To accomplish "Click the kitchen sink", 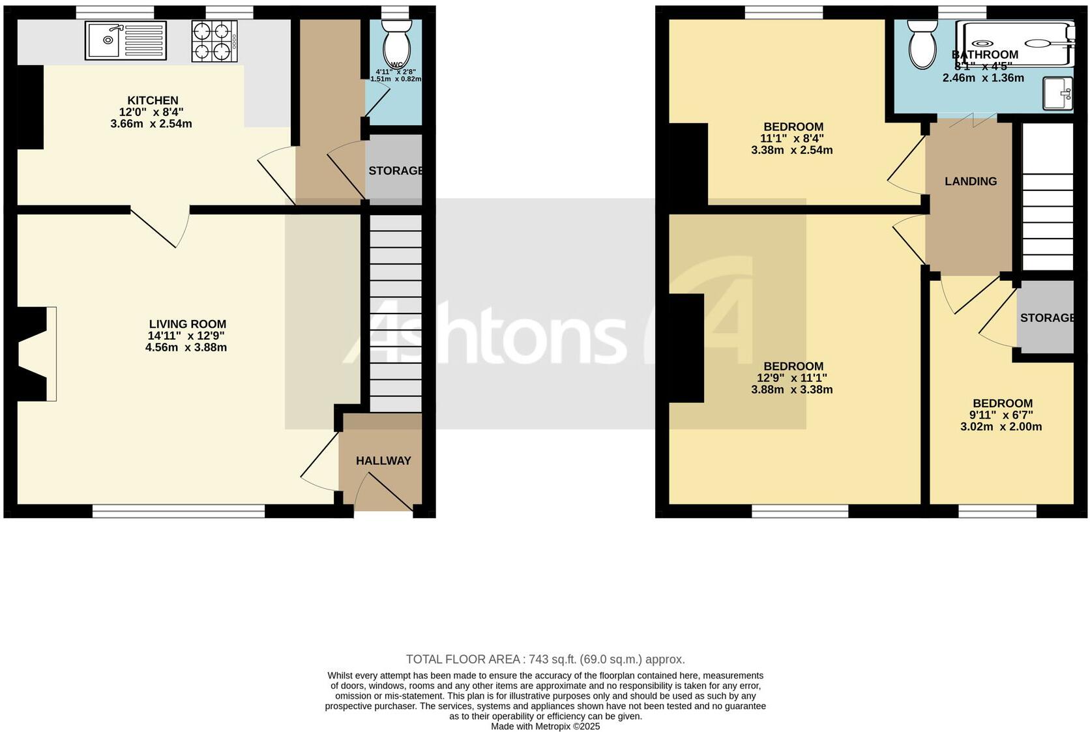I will pos(125,40).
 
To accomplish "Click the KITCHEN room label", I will pos(153,100).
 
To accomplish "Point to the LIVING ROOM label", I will pos(187,324).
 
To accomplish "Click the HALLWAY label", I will pos(383,461).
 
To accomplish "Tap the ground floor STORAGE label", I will pos(395,171).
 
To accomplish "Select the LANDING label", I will pos(971,181).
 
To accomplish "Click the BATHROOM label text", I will pos(984,55).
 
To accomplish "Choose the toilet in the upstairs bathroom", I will pos(922,44).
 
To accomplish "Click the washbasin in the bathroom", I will pos(1057,93).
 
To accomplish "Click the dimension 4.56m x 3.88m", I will pos(186,347).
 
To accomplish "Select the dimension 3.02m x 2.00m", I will pos(1001,427).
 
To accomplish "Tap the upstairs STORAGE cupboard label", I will pos(1046,318).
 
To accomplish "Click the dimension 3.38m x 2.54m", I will pos(791,150).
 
